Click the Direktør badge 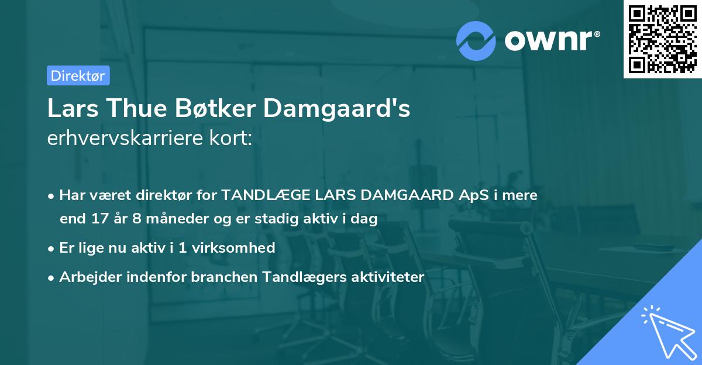point(78,75)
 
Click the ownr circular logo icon point(476,41)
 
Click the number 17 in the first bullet point(99,219)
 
